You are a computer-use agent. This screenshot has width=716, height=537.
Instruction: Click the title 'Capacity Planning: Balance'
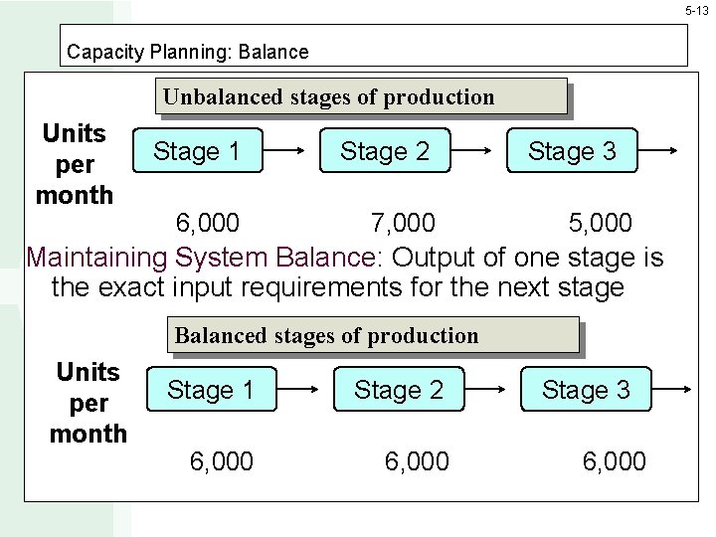point(187,51)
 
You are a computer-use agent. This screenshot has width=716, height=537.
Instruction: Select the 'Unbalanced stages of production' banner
point(329,96)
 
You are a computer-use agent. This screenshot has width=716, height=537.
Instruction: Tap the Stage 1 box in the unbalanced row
point(197,151)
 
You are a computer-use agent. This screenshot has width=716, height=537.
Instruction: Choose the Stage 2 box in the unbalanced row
point(385,151)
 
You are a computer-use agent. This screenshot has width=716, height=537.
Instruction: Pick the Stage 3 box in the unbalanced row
point(572,151)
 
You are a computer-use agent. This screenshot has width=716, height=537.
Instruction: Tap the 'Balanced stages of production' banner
point(327,335)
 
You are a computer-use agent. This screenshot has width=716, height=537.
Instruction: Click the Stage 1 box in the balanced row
point(211,390)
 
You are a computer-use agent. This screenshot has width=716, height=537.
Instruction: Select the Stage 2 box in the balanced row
point(399,390)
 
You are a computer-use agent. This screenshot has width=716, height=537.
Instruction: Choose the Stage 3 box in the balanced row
point(586,390)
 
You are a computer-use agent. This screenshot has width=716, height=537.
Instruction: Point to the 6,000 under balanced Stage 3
point(614,461)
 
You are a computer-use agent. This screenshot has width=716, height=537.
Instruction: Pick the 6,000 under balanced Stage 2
point(417,461)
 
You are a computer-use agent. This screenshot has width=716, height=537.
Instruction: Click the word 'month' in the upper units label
point(75,195)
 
